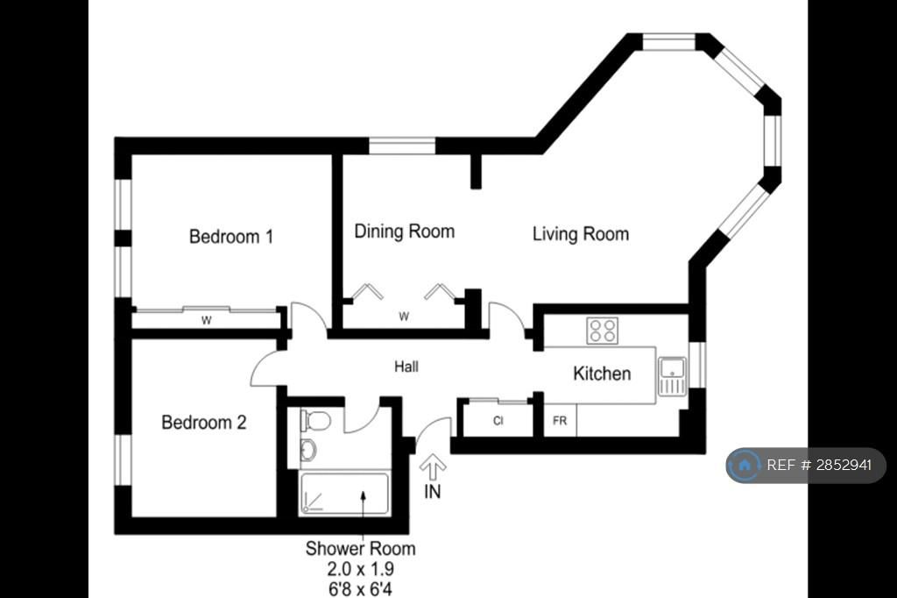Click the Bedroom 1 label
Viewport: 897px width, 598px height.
click(x=231, y=237)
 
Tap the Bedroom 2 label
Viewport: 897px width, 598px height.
click(x=203, y=422)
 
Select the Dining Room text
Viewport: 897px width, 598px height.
click(x=405, y=231)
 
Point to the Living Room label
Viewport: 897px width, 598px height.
click(x=581, y=234)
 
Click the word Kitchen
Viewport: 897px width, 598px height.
click(x=602, y=374)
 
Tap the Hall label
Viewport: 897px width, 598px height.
click(x=406, y=367)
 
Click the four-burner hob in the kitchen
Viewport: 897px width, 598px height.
click(x=603, y=331)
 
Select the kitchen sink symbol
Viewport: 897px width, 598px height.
click(x=672, y=376)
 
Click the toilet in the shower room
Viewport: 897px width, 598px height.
click(x=315, y=422)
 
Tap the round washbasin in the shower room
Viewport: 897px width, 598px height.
click(x=308, y=450)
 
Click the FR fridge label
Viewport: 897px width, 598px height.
click(x=560, y=421)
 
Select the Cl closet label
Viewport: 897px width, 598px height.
click(x=498, y=421)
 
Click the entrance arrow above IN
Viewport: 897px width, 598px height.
click(x=433, y=466)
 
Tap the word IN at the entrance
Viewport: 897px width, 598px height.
click(x=433, y=491)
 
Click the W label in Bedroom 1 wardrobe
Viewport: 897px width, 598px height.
click(x=207, y=321)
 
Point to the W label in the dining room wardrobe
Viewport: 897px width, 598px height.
click(x=404, y=317)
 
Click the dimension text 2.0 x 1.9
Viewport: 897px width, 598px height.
click(x=360, y=569)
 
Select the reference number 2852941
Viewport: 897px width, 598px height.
click(x=844, y=465)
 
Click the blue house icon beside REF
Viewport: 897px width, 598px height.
click(x=745, y=465)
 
